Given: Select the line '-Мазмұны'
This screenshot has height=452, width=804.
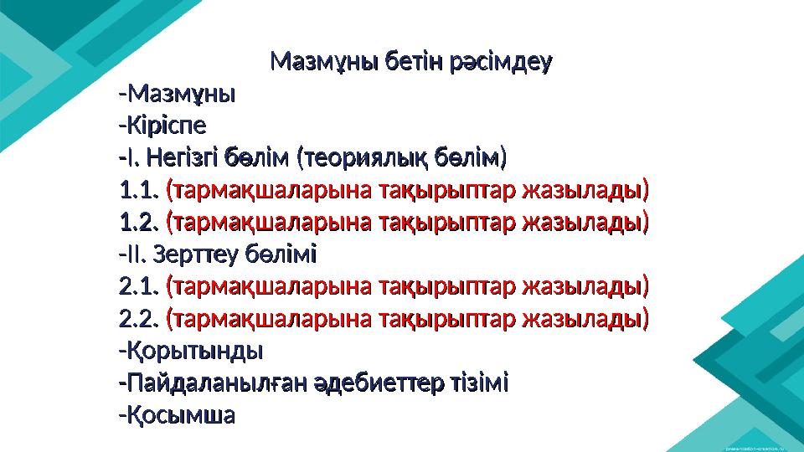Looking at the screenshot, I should (178, 93).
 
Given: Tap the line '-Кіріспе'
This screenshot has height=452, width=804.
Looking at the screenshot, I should (164, 126).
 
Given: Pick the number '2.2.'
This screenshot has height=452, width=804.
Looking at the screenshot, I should (139, 319).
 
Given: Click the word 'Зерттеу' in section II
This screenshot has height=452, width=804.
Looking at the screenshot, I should (201, 254).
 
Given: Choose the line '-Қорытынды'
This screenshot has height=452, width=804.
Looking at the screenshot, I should (191, 351).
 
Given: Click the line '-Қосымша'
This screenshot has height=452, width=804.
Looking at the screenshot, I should (177, 415).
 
